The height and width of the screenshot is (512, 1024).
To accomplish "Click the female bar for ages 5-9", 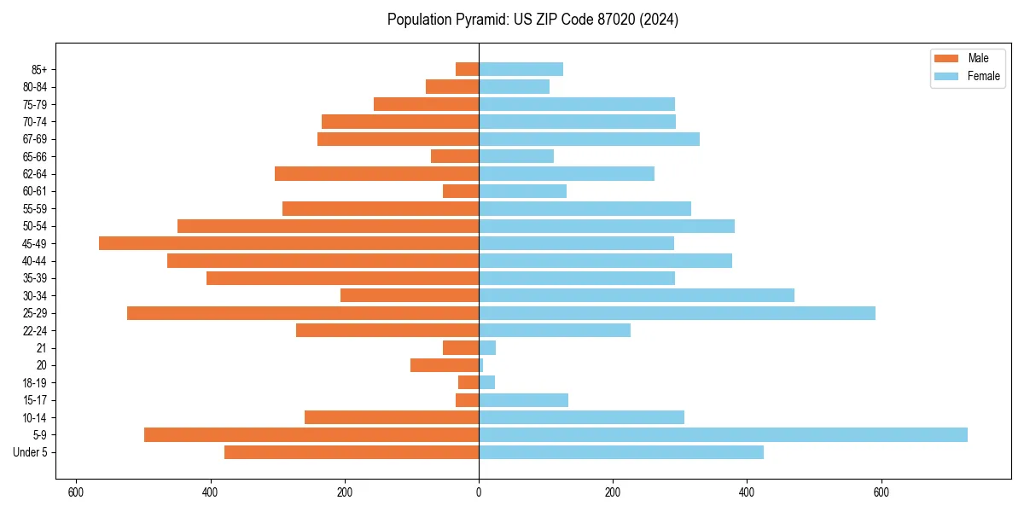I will [x=723, y=434].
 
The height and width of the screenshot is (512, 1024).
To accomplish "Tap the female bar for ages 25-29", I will [x=677, y=313].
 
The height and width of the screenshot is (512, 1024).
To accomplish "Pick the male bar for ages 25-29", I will [x=303, y=313].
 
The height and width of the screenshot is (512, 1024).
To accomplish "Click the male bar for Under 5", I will [x=352, y=452].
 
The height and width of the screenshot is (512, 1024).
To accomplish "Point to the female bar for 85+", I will [x=521, y=69].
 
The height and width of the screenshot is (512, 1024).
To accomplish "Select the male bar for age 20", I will [x=445, y=365].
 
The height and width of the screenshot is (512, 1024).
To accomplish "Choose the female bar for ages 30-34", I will [x=637, y=295].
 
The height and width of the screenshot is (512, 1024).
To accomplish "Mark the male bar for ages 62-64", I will [x=376, y=173].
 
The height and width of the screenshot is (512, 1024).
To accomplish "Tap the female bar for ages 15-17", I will [x=523, y=400].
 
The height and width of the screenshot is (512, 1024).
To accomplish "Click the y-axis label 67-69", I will [x=35, y=139].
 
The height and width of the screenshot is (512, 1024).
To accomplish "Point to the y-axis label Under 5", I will [x=31, y=452].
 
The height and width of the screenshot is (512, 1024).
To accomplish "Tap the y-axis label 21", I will [x=42, y=348].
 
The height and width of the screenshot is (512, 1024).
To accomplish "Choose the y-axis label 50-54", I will [x=35, y=226].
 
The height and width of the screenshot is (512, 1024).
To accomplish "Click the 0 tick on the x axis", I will [x=479, y=492].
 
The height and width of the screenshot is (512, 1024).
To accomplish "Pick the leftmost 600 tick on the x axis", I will [x=76, y=492].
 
